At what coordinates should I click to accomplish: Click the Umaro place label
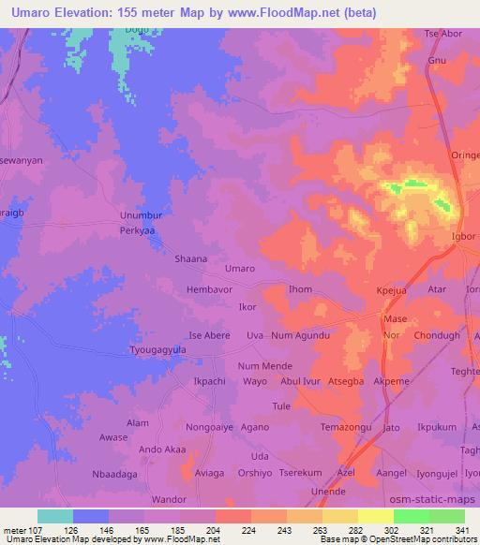(240, 269)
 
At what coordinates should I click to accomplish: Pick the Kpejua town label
(395, 292)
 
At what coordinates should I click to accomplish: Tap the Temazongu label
(347, 428)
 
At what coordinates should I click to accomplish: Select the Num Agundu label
(301, 335)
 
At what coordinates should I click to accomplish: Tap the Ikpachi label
(210, 382)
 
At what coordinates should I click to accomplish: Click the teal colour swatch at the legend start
(55, 516)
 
